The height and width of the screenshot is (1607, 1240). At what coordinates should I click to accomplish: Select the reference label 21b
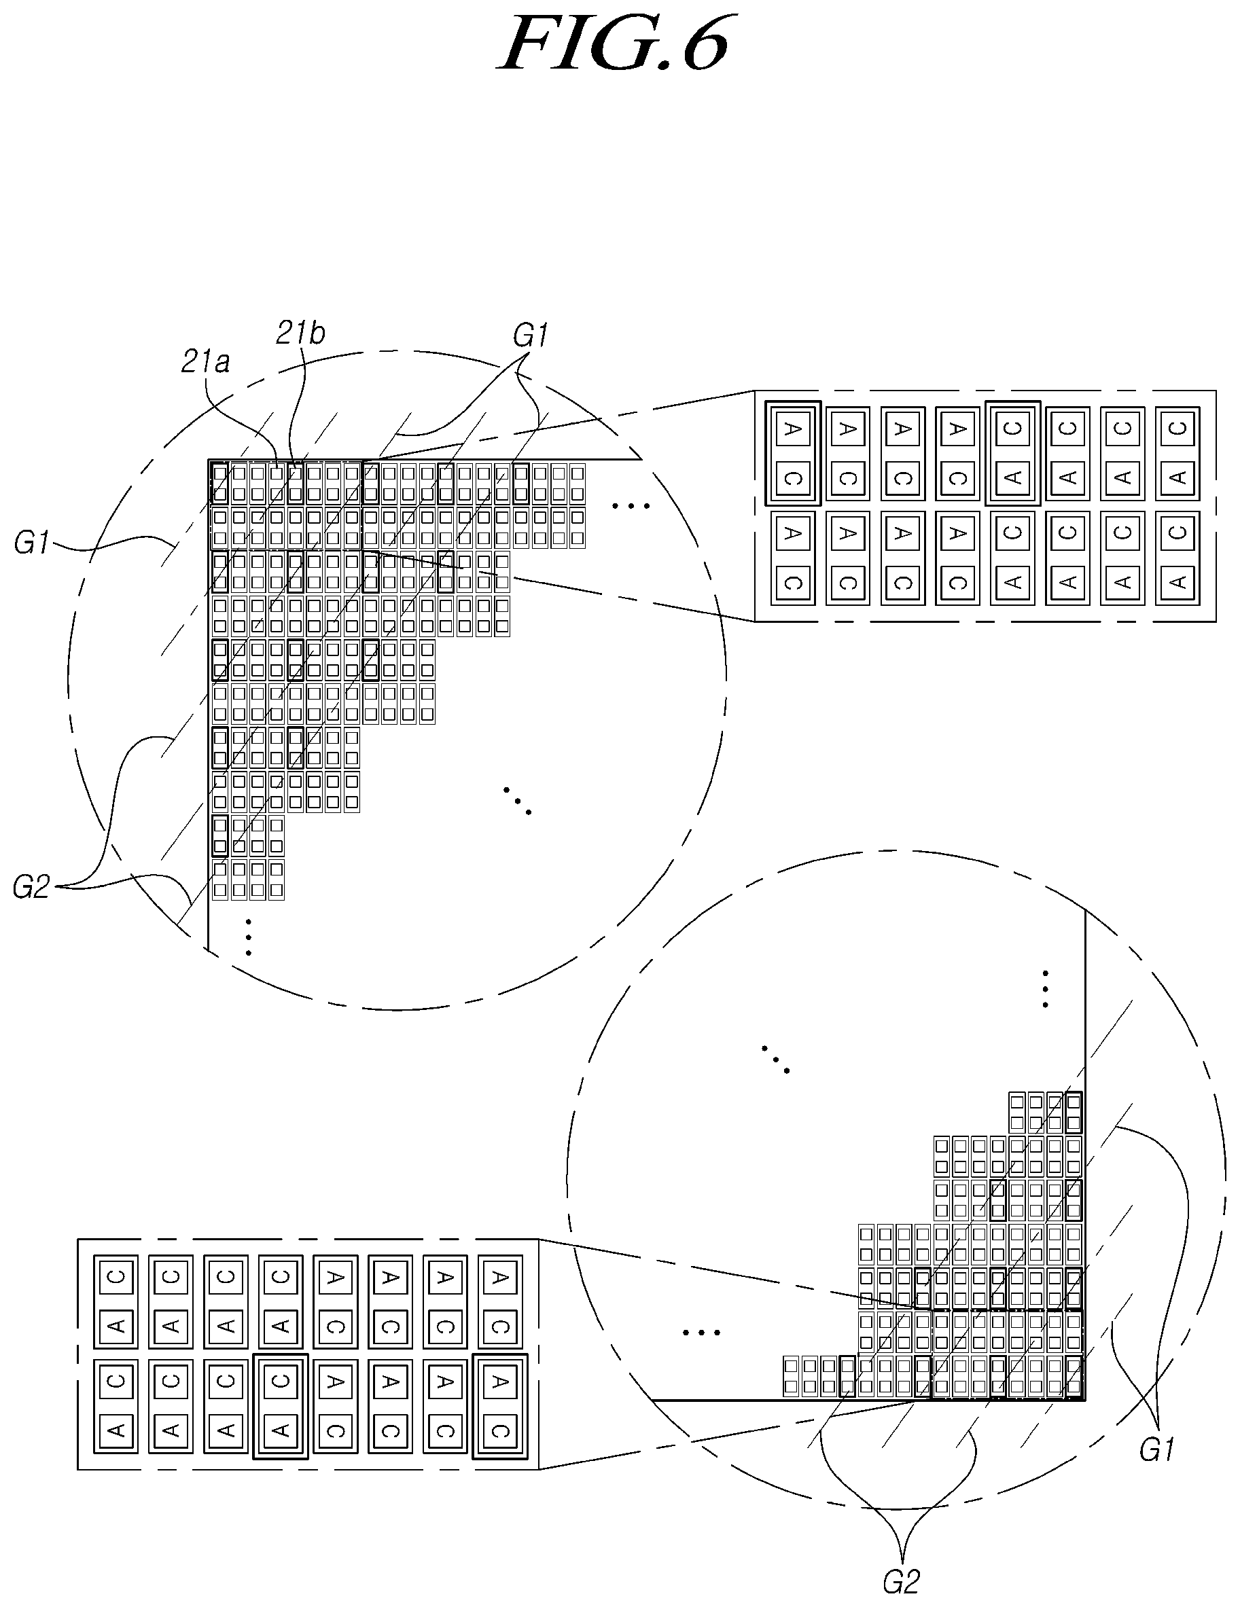pyautogui.click(x=300, y=333)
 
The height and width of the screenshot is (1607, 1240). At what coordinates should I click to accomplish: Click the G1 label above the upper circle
pyautogui.click(x=531, y=336)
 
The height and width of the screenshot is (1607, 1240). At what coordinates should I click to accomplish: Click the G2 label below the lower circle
pyautogui.click(x=902, y=1581)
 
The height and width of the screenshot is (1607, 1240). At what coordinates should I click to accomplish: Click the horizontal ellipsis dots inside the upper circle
pyautogui.click(x=631, y=506)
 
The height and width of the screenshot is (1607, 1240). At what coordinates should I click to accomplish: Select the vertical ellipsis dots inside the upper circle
pyautogui.click(x=249, y=937)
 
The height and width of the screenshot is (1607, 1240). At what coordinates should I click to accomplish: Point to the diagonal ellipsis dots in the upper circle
pyautogui.click(x=517, y=801)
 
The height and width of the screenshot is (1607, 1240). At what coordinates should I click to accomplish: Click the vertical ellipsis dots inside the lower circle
pyautogui.click(x=1045, y=989)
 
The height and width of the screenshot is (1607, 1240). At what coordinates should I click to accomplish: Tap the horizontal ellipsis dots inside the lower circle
pyautogui.click(x=701, y=1332)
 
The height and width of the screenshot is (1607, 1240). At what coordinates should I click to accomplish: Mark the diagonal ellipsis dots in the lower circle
pyautogui.click(x=776, y=1059)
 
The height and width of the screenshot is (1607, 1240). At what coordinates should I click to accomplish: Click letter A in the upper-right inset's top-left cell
pyautogui.click(x=792, y=428)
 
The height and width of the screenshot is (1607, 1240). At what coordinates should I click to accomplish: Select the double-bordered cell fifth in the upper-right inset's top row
pyautogui.click(x=1012, y=452)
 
